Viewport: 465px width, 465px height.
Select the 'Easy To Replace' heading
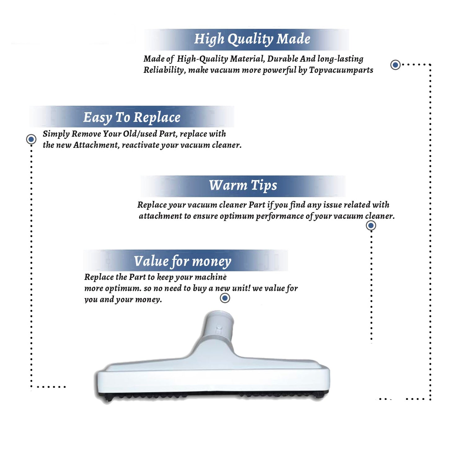(132, 118)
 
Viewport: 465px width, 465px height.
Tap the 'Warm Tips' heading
(243, 186)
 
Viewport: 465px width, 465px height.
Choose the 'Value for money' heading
(182, 261)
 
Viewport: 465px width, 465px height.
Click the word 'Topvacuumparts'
(341, 70)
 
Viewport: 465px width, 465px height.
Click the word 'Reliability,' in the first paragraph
(165, 70)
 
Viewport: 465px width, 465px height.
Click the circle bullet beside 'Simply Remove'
(31, 139)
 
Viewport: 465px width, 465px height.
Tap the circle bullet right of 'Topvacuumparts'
(395, 65)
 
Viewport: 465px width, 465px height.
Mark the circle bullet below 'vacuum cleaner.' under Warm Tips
(371, 225)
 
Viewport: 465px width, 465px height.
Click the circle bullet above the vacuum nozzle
(225, 298)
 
